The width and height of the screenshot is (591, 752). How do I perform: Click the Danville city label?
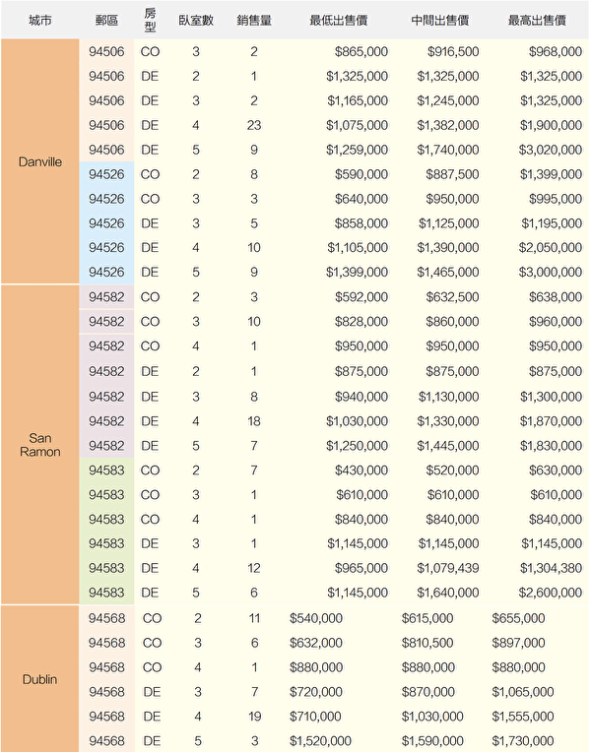pos(39,161)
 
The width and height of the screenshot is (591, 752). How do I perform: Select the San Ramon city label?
pos(39,445)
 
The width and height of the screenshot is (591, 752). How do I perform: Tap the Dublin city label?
pos(39,679)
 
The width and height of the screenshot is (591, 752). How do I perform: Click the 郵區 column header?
pos(106,20)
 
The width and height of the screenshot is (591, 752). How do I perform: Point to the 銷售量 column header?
pos(254,20)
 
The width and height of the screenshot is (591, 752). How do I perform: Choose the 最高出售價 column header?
pos(537,20)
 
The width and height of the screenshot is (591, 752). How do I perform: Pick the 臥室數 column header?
pos(196,20)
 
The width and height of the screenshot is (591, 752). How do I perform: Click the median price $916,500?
pos(453,52)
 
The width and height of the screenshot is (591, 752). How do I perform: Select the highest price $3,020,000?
pos(551,150)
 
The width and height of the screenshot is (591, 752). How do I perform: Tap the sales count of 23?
pos(254,125)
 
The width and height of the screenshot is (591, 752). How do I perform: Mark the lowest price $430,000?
pos(361,470)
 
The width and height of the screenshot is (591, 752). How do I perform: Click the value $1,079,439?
pos(448,568)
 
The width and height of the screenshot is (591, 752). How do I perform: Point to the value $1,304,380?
pos(552,568)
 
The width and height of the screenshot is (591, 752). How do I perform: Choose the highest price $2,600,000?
pos(551,593)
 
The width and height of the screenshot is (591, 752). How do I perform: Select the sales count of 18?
pos(254,421)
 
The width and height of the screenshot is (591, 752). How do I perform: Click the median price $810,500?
pos(427,643)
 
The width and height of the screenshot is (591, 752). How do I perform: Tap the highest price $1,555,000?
pos(523,716)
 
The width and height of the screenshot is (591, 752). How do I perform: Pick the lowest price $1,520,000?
pos(320,740)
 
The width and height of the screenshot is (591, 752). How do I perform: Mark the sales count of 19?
pos(254,716)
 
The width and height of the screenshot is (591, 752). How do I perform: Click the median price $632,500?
pos(452,297)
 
